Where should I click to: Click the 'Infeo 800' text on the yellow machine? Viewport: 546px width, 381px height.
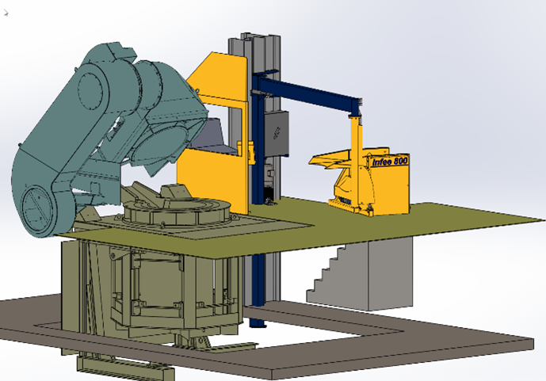point(390,162)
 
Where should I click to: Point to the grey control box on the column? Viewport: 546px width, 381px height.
point(277,134)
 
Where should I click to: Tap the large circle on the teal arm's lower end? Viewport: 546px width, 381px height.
point(37,208)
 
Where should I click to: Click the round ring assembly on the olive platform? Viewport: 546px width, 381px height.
point(176,211)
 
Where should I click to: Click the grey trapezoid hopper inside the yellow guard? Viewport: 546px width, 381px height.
point(212,136)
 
